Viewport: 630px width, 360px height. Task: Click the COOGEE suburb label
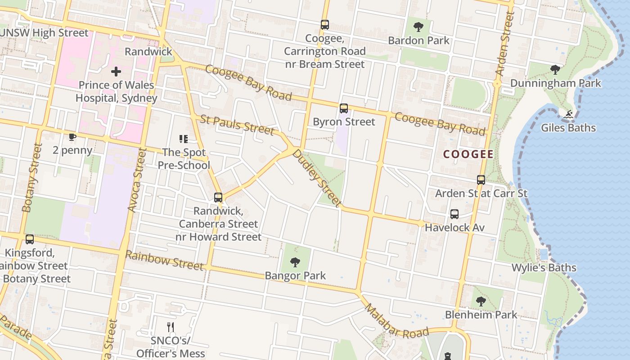coord(468,154)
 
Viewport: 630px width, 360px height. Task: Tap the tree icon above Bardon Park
coord(418,27)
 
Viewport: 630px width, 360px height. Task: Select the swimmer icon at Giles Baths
coord(568,115)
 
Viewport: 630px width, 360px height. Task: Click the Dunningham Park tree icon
coord(555,70)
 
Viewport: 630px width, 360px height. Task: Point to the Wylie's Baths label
coord(544,268)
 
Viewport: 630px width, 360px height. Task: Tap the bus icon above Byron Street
coord(344,108)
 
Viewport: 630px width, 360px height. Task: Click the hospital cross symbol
coord(116,72)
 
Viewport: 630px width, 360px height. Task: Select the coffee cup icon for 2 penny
coord(72,137)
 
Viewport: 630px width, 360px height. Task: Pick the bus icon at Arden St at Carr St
coord(481,180)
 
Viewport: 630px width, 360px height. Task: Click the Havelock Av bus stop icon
coord(454,214)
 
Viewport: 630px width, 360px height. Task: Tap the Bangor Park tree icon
coord(295,262)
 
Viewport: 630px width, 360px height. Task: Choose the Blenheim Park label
coord(481,315)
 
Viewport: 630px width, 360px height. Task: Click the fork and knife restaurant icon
coord(171,327)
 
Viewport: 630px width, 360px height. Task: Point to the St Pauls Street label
coord(237,125)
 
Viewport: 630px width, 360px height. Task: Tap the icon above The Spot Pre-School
coord(184,139)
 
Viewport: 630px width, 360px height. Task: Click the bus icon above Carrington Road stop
coord(325,25)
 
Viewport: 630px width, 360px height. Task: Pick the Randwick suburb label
coord(148,52)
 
